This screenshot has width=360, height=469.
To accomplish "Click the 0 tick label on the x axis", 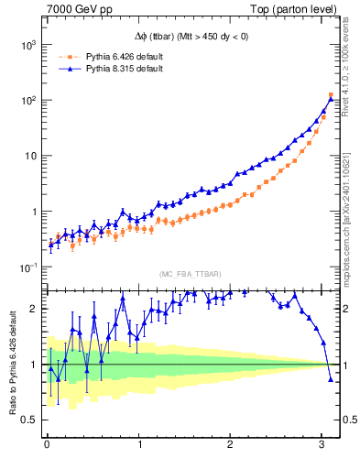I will tap(47, 444).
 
